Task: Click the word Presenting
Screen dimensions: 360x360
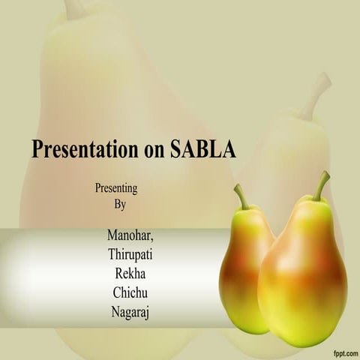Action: pyautogui.click(x=116, y=188)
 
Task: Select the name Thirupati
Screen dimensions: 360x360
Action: pyautogui.click(x=131, y=255)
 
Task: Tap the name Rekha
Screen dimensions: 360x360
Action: pyautogui.click(x=131, y=273)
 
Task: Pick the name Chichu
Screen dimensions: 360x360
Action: pyautogui.click(x=131, y=291)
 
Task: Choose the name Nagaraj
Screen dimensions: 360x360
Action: pyautogui.click(x=131, y=309)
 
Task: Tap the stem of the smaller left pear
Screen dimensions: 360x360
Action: pyautogui.click(x=241, y=196)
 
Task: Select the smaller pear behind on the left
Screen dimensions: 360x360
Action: pyautogui.click(x=241, y=262)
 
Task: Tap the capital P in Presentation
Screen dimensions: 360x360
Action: pyautogui.click(x=37, y=149)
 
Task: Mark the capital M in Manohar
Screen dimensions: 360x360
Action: pyautogui.click(x=113, y=237)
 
